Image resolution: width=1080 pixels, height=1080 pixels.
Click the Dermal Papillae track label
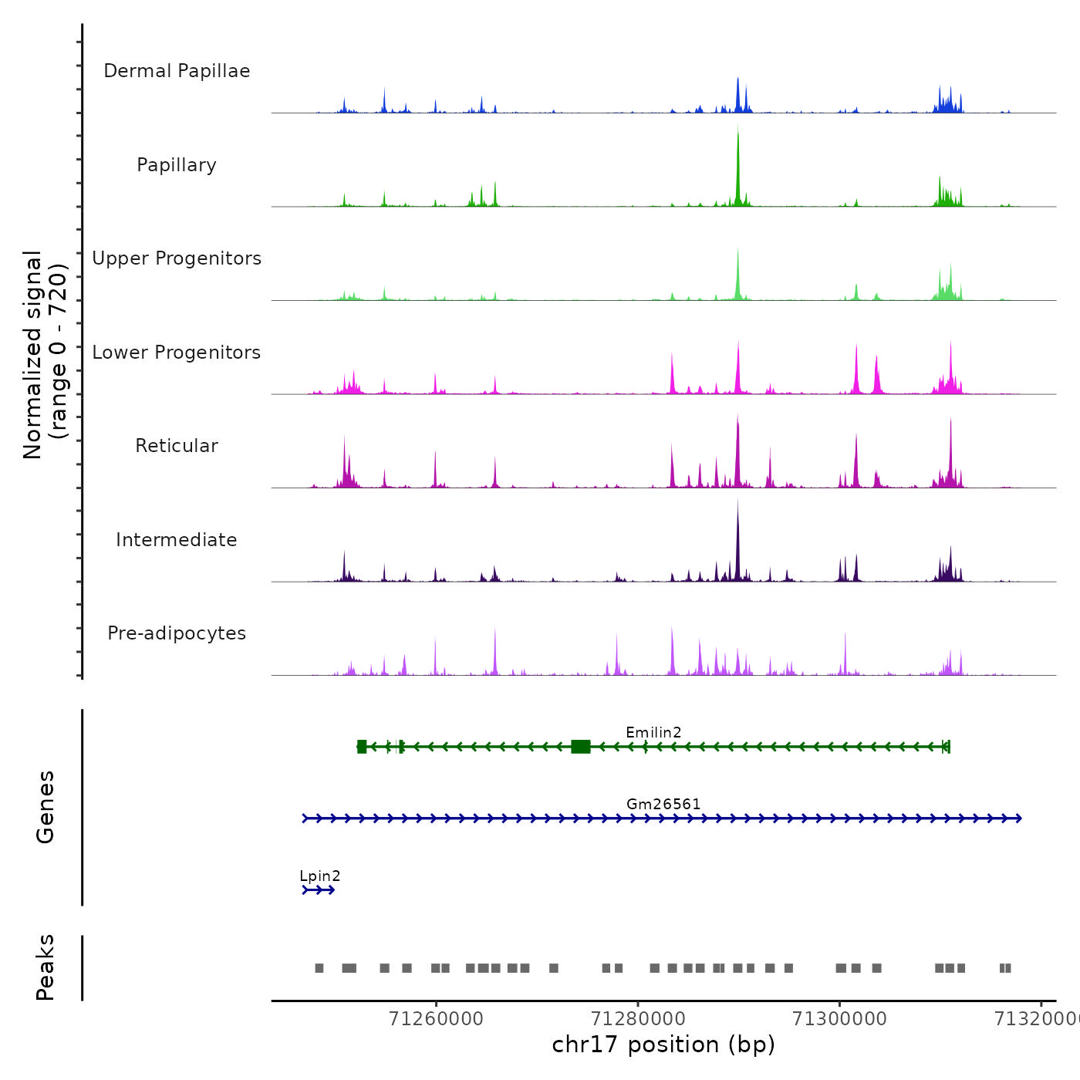click(177, 71)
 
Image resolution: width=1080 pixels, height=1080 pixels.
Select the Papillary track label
click(177, 165)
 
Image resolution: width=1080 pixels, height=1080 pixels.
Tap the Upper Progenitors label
click(177, 258)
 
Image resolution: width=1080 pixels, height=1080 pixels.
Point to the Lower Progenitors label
click(177, 353)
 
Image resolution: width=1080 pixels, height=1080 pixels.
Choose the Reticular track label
click(177, 446)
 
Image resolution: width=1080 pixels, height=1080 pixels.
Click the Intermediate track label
click(177, 540)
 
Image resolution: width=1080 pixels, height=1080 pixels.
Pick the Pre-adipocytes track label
click(177, 633)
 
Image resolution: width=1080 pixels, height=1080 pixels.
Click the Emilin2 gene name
click(653, 732)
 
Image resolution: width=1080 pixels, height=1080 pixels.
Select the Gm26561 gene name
click(663, 804)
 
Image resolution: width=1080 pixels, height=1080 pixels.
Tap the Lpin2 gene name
click(319, 876)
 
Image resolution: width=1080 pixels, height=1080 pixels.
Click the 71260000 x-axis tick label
click(436, 1019)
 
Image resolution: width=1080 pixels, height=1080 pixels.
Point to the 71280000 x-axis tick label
click(638, 1019)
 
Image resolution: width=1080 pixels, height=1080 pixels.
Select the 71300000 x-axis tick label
click(839, 1019)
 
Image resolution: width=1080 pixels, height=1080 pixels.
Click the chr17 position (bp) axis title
click(663, 1045)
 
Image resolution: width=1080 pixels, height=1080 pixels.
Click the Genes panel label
click(46, 807)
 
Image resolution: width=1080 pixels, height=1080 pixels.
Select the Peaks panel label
click(46, 967)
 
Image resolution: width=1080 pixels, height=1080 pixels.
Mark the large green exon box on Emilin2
click(581, 746)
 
